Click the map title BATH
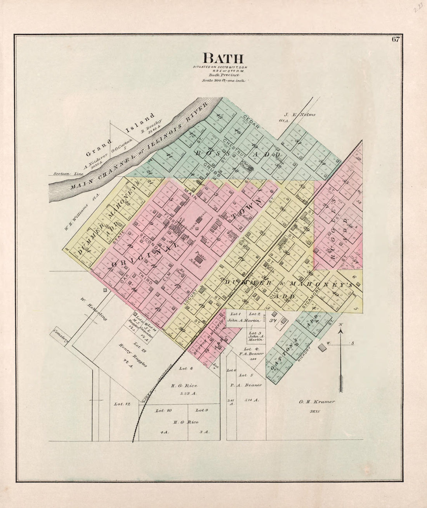tap(223, 58)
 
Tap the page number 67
tap(396, 39)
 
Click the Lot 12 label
tap(122, 404)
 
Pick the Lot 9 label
tap(202, 410)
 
